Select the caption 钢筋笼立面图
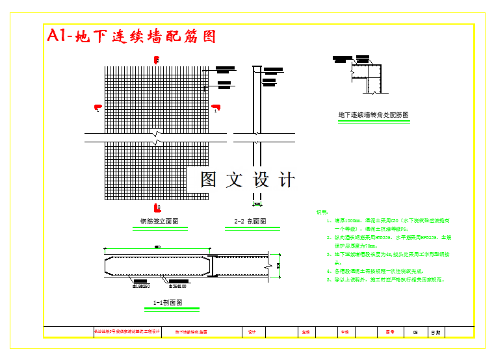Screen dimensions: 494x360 (x=159, y=221)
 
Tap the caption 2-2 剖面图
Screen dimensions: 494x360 (x=250, y=221)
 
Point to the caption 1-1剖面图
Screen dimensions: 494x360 (x=167, y=302)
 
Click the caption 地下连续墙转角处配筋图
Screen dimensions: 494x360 (x=373, y=115)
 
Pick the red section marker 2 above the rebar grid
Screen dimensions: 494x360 (x=157, y=60)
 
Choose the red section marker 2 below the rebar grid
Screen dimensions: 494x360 (x=157, y=207)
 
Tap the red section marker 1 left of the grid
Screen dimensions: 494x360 (x=97, y=108)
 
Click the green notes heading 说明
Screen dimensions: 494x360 (x=322, y=212)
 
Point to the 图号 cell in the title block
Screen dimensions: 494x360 (x=390, y=332)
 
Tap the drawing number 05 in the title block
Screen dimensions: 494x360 (x=415, y=332)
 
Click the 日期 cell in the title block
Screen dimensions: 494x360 (x=435, y=332)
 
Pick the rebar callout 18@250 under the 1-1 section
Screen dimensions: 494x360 (x=141, y=285)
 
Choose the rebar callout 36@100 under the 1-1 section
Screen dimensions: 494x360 (x=177, y=285)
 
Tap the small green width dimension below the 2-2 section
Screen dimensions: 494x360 (x=257, y=203)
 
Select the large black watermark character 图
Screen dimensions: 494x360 (x=208, y=179)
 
